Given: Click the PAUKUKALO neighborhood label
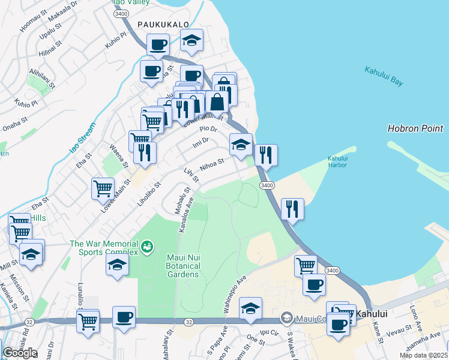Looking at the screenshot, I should [163, 24].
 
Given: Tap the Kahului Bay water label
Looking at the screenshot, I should [384, 76].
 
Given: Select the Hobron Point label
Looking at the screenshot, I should [415, 128].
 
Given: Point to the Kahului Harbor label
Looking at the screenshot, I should [338, 162].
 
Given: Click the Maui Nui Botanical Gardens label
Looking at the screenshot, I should [182, 266].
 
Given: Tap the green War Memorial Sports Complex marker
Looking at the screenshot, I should [146, 246].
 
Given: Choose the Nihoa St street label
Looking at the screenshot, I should [212, 163].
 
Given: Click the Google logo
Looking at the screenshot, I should [19, 353].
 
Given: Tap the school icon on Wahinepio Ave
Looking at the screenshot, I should [250, 308].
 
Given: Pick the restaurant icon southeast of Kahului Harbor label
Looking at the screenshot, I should [292, 209].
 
